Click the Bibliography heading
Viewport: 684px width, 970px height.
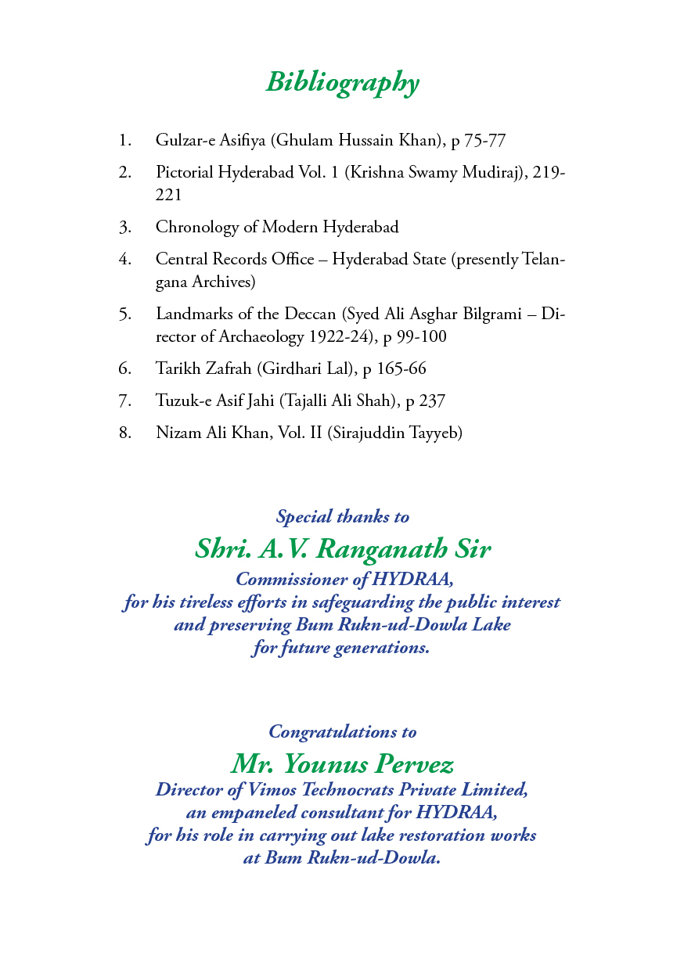[x=342, y=81]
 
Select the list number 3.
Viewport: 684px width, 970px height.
[x=124, y=228]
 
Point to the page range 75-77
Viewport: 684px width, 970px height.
[x=485, y=141]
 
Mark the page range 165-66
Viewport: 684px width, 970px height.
[x=401, y=368]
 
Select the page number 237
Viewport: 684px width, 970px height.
[x=432, y=401]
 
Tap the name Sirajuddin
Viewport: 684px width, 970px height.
[x=370, y=432]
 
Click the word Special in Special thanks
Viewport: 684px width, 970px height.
[x=303, y=517]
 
